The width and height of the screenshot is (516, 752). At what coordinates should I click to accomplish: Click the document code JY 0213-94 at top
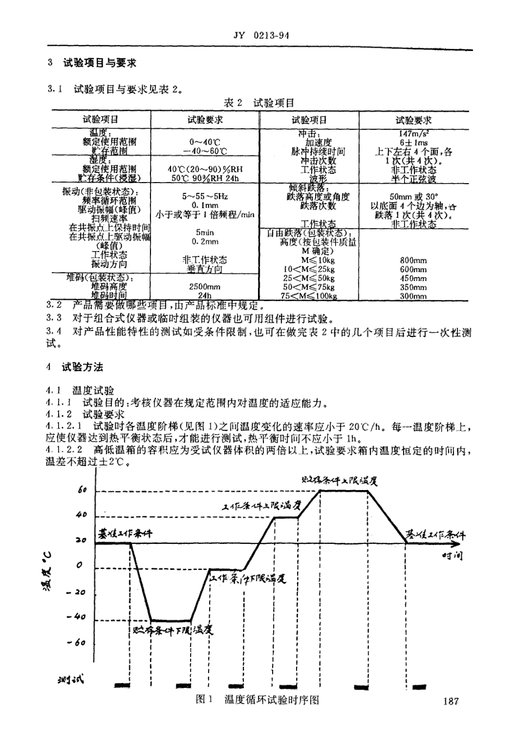pyautogui.click(x=260, y=36)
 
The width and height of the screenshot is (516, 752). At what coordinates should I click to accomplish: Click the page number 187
pyautogui.click(x=450, y=701)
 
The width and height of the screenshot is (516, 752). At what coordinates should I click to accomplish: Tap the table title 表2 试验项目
pyautogui.click(x=259, y=103)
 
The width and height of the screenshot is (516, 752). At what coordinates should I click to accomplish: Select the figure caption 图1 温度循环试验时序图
pyautogui.click(x=257, y=700)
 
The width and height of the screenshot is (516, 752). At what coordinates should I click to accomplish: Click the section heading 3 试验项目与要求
pyautogui.click(x=92, y=63)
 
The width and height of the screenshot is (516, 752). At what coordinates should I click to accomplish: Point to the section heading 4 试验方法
pyautogui.click(x=75, y=367)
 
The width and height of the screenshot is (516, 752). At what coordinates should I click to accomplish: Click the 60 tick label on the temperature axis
pyautogui.click(x=82, y=490)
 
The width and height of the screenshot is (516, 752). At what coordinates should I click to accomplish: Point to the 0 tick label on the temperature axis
pyautogui.click(x=80, y=566)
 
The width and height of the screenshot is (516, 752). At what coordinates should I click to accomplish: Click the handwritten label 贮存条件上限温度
pyautogui.click(x=339, y=480)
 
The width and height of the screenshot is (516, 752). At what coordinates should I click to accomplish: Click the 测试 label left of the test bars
pyautogui.click(x=71, y=680)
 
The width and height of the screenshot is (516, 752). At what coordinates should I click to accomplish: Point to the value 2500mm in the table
pyautogui.click(x=204, y=287)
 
